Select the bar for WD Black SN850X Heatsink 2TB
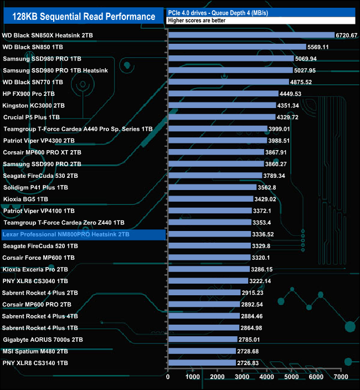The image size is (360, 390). (x=251, y=35)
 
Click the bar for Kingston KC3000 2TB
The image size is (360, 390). (x=222, y=105)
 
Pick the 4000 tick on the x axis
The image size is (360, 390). (x=267, y=377)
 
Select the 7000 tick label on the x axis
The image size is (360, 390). (x=341, y=377)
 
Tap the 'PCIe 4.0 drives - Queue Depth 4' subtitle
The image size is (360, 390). (x=219, y=12)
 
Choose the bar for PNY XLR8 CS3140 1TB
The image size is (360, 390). (x=202, y=363)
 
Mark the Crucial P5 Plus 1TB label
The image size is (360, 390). (x=31, y=117)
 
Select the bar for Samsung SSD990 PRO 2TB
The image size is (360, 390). (x=215, y=164)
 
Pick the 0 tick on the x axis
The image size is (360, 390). (x=168, y=377)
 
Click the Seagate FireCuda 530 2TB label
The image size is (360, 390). (x=40, y=176)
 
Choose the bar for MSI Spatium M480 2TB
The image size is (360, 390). (x=202, y=351)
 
